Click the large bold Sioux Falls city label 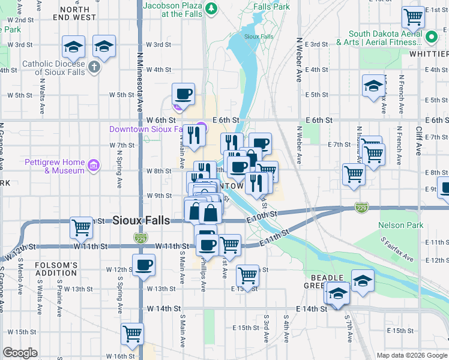142,221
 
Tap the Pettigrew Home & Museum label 55,166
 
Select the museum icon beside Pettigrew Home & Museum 93,166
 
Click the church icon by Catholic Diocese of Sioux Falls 94,67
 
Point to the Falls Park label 271,7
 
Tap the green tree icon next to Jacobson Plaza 211,8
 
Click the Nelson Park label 400,226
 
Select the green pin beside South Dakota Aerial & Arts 430,38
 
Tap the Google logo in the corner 20,353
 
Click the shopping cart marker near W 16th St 132,333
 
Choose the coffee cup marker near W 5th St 183,94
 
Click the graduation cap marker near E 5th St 373,85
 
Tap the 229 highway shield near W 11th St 140,238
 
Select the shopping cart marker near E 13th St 247,275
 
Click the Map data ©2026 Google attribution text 412,355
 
